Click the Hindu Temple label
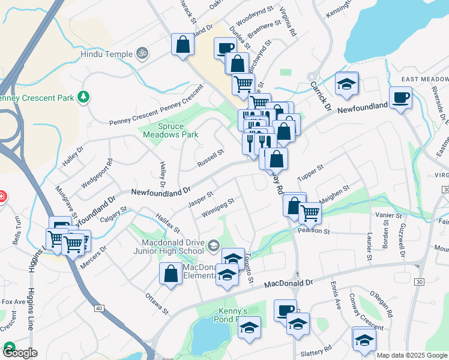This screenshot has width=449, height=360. coord(106,54)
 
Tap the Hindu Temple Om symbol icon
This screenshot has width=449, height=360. coord(142,53)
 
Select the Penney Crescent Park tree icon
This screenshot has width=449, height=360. coord(85,96)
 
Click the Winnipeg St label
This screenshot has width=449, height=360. coord(217,209)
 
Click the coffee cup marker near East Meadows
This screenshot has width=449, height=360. coord(400,97)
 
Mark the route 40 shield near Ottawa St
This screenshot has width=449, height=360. coord(98,308)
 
